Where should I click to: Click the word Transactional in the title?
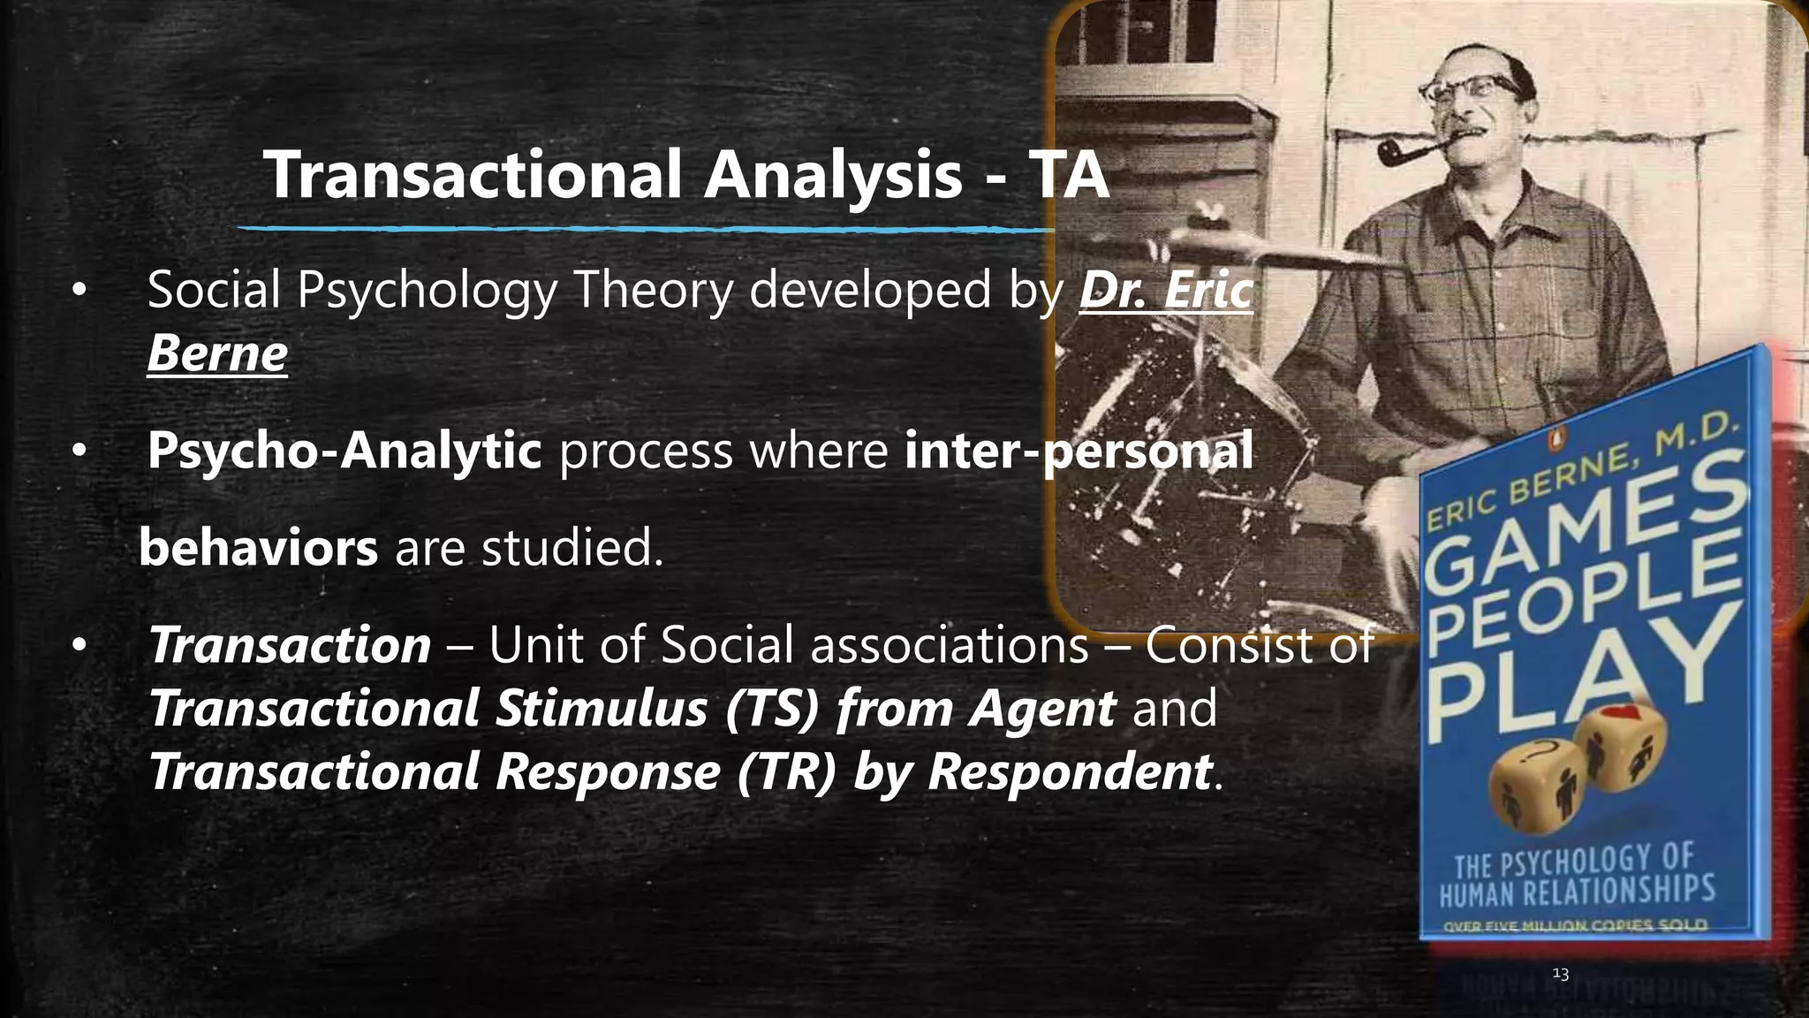[x=473, y=175]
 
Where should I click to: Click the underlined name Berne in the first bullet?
[x=217, y=353]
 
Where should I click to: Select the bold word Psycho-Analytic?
[x=344, y=450]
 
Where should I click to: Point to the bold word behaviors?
[x=259, y=548]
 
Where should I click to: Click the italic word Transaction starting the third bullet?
[x=290, y=645]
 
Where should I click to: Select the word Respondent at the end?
[x=1069, y=771]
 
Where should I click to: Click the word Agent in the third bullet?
[x=1041, y=709]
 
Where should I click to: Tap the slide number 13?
[x=1560, y=974]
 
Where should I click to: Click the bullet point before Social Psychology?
[x=79, y=291]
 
